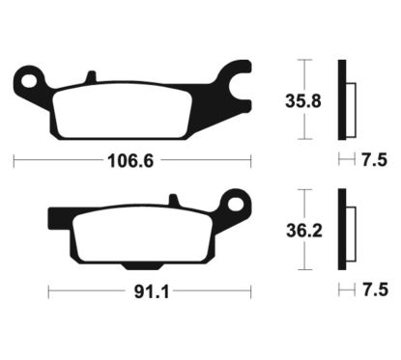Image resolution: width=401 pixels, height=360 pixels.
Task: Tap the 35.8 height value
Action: point(305,100)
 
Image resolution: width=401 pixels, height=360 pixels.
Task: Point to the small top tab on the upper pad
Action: point(90,75)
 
